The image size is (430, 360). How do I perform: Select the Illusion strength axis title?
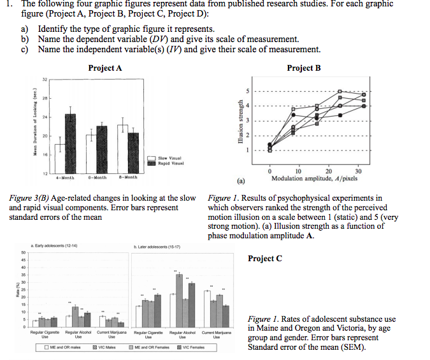tap(240, 122)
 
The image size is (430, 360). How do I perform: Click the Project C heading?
tap(264, 258)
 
